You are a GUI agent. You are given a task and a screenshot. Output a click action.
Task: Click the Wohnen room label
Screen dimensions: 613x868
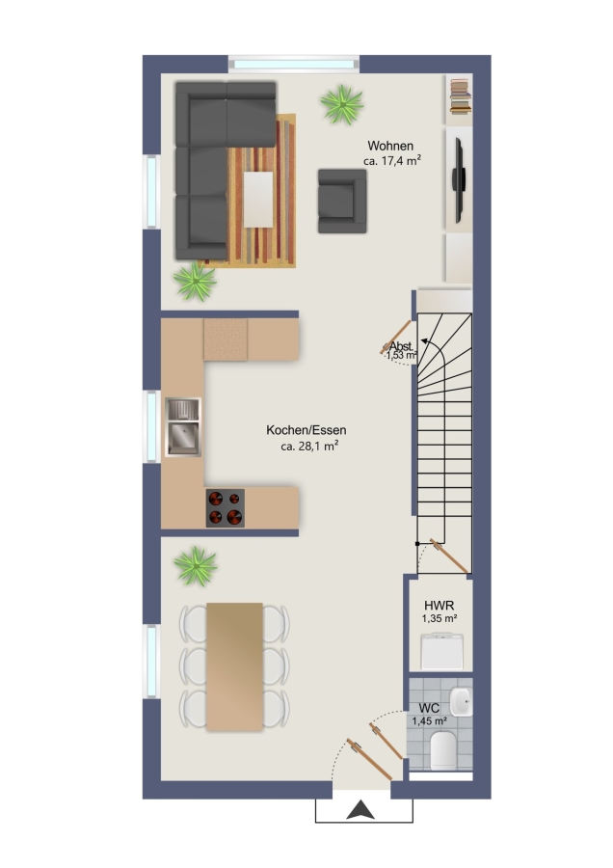390,146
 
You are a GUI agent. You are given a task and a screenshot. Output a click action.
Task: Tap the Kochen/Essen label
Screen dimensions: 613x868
306,430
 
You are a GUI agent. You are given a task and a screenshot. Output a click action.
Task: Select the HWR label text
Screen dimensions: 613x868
440,606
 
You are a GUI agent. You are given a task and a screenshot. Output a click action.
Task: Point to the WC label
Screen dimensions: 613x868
429,708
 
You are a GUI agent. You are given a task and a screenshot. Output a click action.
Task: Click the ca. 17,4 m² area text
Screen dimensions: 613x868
392,161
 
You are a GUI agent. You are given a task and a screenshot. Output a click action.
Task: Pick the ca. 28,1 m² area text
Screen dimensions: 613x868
309,447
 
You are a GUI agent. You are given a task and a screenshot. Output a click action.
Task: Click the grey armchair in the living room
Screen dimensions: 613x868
342,201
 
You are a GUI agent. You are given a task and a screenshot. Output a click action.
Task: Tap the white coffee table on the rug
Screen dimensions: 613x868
258,200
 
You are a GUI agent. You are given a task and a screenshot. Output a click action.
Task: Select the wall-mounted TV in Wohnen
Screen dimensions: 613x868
458,180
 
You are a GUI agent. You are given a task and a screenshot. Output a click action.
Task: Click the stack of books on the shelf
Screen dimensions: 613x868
460,96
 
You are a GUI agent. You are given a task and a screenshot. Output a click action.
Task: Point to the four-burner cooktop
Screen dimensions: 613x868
226,507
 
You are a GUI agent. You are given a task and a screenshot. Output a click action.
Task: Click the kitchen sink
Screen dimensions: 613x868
183,427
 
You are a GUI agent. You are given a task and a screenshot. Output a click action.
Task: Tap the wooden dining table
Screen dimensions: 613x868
234,666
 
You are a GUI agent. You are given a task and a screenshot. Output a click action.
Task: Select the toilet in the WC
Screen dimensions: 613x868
442,750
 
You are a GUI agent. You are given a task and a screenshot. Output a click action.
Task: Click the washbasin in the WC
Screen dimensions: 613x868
461,702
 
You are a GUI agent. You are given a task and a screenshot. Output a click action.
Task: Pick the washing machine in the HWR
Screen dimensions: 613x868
441,653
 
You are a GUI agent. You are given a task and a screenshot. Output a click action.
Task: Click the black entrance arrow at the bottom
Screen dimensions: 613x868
360,810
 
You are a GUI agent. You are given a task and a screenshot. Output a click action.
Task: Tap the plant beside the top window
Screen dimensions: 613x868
342,104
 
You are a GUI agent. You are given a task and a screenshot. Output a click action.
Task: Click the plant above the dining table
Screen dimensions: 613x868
196,566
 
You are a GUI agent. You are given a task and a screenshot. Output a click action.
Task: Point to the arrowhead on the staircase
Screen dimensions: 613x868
424,341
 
